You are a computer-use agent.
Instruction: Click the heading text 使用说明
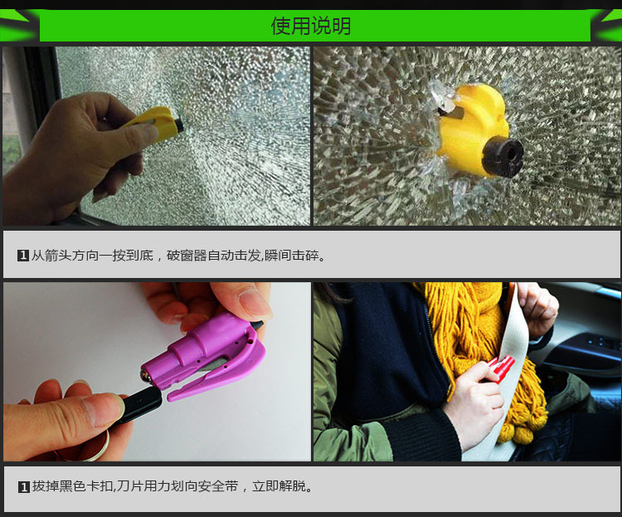311,26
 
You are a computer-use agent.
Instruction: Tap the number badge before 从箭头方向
23,255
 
